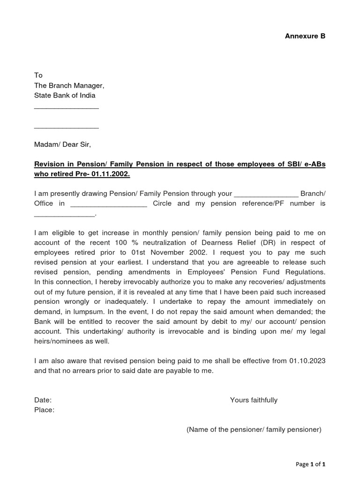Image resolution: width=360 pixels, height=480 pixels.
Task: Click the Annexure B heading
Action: coord(305,36)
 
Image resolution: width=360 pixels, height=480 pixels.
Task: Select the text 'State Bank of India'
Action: coord(65,96)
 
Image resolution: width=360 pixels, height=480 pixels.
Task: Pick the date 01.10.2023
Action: coord(307,361)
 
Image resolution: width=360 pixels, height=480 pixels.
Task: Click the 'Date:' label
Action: coord(43,400)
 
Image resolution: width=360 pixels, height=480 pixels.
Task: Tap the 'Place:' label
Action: coord(45,410)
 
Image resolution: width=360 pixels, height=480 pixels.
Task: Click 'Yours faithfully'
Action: coord(254,400)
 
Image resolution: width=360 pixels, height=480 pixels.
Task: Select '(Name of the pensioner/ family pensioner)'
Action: coord(254,430)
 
